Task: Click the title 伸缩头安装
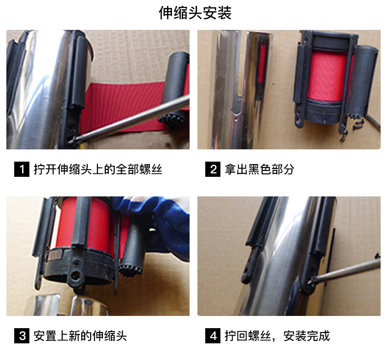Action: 195,13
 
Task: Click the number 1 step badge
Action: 22,169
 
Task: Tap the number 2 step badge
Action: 213,169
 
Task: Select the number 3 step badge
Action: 22,336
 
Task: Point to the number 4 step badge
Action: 213,336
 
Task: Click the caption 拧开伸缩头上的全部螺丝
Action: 98,169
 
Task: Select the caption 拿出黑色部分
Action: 260,169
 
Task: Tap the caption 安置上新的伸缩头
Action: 80,336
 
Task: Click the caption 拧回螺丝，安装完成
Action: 277,336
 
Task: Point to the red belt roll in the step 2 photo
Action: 327,75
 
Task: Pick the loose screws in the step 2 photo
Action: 353,127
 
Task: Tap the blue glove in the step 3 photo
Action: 158,222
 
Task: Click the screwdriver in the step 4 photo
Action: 345,271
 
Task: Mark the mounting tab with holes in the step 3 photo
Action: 77,273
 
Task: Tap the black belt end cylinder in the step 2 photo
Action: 361,79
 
